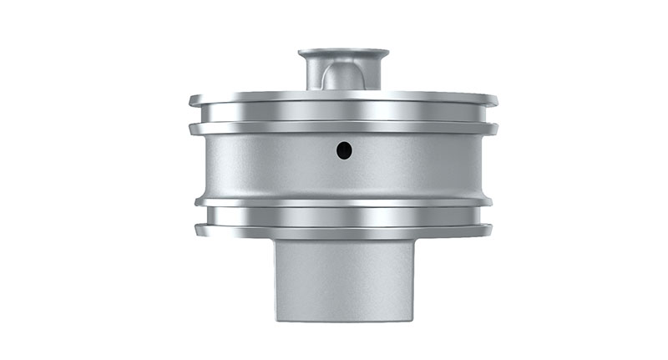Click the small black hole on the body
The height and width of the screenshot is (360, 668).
[344, 150]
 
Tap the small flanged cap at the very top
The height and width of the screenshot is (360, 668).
[343, 54]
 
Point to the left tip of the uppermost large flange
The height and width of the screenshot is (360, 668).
[191, 100]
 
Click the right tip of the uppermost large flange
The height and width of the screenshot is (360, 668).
[496, 100]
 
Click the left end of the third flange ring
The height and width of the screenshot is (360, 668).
[198, 201]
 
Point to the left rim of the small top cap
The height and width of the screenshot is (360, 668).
[301, 54]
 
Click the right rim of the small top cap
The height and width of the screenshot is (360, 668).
[387, 54]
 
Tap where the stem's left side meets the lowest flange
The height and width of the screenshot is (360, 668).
[276, 240]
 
